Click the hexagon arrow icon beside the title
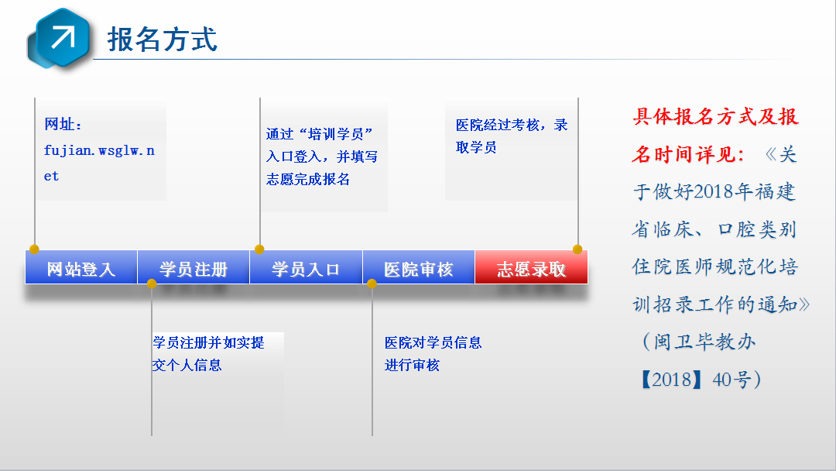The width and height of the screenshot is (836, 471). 59,39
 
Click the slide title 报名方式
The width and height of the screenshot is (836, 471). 163,40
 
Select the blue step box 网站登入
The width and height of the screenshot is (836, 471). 81,267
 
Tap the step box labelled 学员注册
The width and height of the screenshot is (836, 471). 194,267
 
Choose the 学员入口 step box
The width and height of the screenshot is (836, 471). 306,267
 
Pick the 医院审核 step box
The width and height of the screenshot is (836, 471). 419,267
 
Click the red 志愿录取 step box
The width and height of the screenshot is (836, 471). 532,267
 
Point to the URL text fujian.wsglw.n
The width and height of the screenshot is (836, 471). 99,151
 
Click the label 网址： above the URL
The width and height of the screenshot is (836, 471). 63,124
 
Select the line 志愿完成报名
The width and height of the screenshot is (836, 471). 308,179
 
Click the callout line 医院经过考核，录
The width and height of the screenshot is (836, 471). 512,125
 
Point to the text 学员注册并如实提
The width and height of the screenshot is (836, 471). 208,342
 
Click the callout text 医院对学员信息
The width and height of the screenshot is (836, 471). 433,342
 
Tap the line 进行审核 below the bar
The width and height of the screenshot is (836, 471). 412,366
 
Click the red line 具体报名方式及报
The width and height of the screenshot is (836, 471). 715,116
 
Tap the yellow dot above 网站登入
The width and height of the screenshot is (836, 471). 34,249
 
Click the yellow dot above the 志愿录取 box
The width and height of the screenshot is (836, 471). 577,249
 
